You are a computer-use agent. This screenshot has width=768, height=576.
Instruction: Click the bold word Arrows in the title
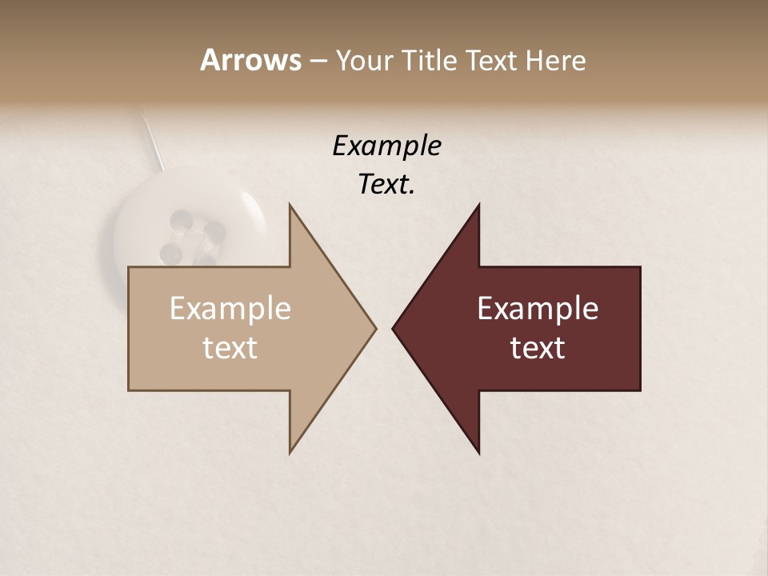click(x=250, y=60)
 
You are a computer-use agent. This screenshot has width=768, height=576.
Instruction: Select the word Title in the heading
click(x=430, y=61)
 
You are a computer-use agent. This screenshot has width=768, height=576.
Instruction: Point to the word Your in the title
click(x=362, y=61)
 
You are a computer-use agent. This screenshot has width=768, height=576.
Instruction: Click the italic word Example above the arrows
click(x=386, y=146)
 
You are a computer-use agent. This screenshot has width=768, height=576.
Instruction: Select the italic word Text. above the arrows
click(x=386, y=185)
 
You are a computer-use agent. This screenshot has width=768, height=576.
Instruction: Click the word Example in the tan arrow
click(x=230, y=309)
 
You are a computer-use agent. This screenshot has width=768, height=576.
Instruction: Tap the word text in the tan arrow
click(x=230, y=348)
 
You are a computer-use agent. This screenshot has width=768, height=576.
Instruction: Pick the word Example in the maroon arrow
click(x=538, y=309)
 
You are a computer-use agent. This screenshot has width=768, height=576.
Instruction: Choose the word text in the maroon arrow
click(x=538, y=348)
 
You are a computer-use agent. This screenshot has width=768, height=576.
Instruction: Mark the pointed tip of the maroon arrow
click(x=394, y=328)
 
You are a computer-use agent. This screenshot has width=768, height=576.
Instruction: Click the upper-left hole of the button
click(x=181, y=218)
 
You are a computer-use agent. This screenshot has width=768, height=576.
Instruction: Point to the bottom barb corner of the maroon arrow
click(x=478, y=452)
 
